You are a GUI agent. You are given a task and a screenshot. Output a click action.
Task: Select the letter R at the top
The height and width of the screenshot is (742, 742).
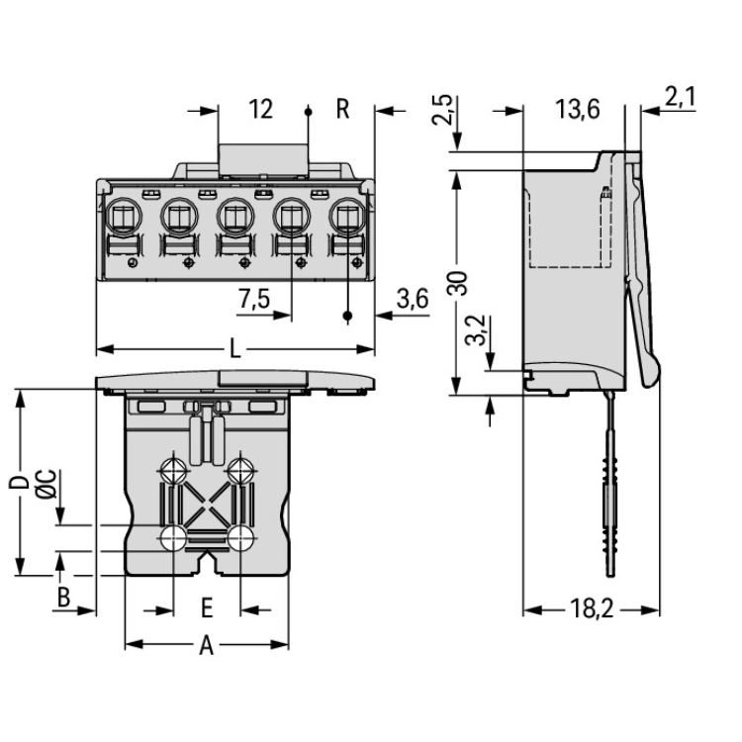[342, 109]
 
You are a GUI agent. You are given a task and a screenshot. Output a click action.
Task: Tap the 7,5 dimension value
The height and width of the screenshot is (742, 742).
[254, 301]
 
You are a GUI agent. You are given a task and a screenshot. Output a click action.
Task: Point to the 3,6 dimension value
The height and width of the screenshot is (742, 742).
[411, 301]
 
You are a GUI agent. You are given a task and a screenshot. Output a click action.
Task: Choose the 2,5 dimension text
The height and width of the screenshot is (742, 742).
[444, 110]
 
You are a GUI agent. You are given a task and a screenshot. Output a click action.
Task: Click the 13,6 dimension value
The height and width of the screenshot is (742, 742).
[577, 109]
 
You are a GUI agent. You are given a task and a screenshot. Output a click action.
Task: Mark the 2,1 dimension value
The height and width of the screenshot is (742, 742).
[681, 97]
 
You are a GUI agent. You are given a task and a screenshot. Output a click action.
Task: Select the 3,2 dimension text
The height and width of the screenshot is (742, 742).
[474, 329]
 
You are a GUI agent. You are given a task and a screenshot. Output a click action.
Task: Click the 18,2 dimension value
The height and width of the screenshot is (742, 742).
[591, 610]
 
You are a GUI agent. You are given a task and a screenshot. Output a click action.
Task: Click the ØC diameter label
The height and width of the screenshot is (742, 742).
[45, 484]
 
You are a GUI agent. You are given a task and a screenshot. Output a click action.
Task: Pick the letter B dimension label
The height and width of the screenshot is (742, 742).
[61, 597]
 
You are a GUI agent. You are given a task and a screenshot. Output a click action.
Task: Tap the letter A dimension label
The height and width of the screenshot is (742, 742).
[206, 646]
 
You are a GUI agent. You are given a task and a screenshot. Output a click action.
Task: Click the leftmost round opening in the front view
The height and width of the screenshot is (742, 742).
[123, 213]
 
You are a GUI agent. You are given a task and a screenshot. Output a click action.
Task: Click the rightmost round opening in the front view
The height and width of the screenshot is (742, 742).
[347, 213]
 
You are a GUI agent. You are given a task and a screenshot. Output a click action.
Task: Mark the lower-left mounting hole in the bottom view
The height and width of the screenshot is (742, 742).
[173, 537]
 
